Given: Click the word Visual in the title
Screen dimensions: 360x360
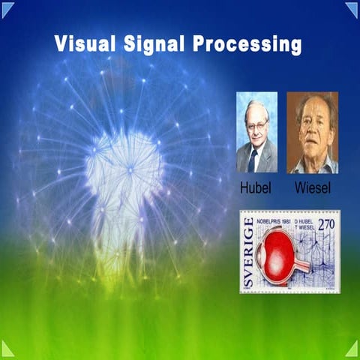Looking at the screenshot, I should (x=83, y=43).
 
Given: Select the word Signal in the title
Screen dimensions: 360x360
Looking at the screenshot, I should (x=154, y=43).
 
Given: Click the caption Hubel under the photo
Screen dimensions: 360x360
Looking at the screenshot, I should (x=256, y=185).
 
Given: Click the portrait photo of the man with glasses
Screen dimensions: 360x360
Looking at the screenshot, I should (x=256, y=132).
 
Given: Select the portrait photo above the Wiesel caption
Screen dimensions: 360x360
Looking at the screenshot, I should (x=312, y=132).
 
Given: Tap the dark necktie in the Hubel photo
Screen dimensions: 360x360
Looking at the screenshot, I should (x=253, y=159).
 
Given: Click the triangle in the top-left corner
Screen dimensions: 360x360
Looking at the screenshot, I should (x=7, y=7).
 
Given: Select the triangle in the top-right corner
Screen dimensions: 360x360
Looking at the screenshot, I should (x=352, y=7).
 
